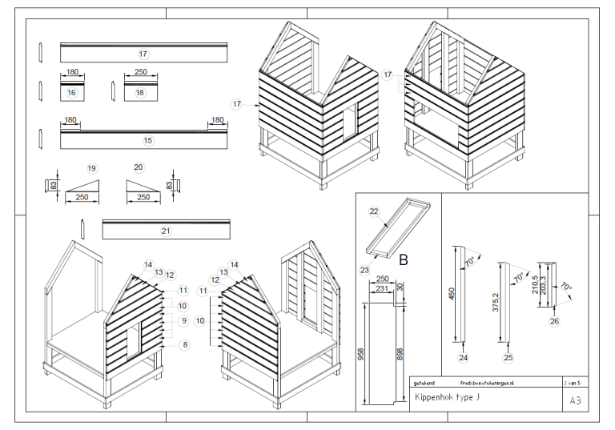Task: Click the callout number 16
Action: (71, 93)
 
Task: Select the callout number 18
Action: (140, 93)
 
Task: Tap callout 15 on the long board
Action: (147, 140)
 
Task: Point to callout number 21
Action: (166, 231)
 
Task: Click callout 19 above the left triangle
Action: (92, 167)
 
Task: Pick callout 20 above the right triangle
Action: (139, 167)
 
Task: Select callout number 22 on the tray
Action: (373, 211)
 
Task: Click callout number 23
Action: (364, 270)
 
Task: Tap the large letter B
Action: (403, 259)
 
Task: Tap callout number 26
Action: (554, 321)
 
